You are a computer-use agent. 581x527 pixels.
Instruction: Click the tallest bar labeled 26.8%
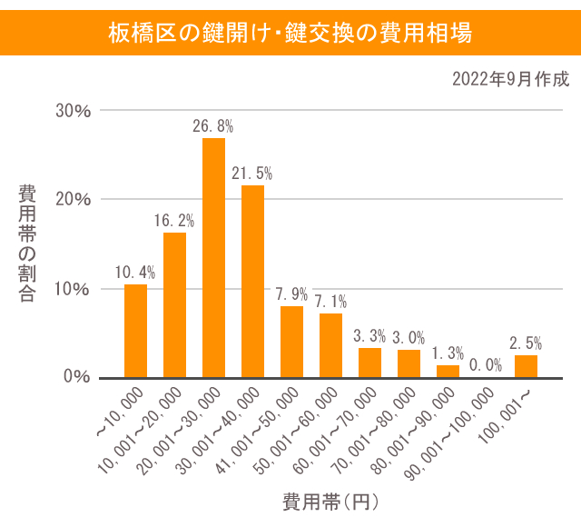[x=213, y=257]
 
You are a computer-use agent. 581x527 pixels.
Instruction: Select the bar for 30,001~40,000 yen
[x=252, y=281]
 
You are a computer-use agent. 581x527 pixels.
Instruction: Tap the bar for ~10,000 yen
[x=135, y=331]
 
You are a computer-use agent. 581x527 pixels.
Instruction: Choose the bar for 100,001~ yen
[x=526, y=366]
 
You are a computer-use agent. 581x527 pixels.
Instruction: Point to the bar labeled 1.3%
[x=448, y=371]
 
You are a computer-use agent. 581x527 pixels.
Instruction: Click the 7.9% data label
[x=291, y=294]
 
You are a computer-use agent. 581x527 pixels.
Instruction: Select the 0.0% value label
[x=487, y=364]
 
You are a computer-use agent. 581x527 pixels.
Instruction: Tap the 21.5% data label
[x=252, y=173]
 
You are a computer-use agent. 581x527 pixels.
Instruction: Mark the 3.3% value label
[x=369, y=335]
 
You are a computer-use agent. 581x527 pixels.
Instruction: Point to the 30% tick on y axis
[x=74, y=111]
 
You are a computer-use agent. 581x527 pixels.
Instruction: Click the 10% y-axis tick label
[x=74, y=289]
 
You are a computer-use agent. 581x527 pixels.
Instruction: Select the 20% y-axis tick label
[x=74, y=200]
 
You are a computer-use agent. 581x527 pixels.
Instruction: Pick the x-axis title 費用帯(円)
[x=330, y=502]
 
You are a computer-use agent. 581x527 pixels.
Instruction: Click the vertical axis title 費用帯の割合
[x=27, y=243]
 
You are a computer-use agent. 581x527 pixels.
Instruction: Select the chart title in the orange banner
[x=290, y=34]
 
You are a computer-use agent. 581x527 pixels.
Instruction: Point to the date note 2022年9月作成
[x=510, y=79]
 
